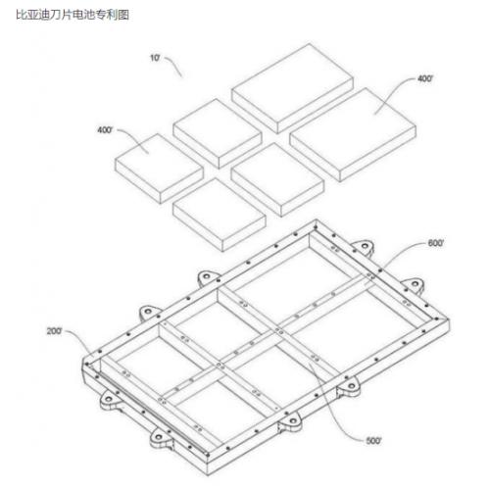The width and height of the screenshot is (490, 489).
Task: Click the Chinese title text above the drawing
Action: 73,15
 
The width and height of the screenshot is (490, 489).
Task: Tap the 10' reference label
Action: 155,58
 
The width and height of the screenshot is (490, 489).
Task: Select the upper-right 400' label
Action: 425,78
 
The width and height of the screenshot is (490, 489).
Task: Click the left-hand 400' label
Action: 105,130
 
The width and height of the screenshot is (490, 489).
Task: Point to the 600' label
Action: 436,243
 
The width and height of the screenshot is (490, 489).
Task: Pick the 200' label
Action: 54,331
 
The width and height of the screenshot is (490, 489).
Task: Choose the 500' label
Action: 373,441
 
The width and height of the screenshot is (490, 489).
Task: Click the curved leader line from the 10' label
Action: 173,66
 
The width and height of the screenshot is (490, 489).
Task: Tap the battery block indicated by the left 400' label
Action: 159,169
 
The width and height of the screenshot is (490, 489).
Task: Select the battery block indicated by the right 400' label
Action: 353,134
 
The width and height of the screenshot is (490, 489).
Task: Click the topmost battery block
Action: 292,88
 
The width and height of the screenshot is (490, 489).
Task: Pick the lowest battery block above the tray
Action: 220,215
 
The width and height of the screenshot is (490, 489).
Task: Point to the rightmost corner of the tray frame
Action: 449,321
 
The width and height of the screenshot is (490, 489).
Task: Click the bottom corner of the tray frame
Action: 208,474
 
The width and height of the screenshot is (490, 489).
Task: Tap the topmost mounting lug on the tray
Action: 364,246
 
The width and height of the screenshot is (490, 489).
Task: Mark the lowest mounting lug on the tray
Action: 161,438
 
